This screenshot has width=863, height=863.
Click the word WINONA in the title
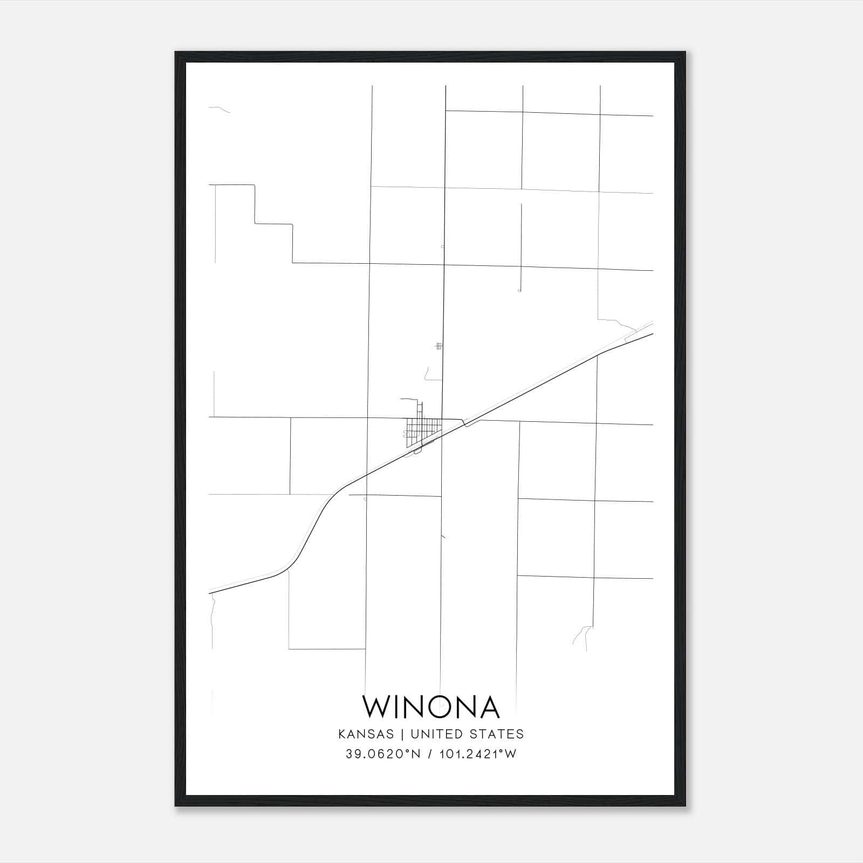coord(431,707)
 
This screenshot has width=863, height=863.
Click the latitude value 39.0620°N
coord(383,754)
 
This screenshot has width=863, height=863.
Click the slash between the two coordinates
coord(429,754)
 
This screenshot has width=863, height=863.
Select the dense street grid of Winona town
coord(422,431)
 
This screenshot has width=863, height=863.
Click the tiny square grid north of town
coord(439,346)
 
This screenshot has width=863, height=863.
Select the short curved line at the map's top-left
coord(220,109)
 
